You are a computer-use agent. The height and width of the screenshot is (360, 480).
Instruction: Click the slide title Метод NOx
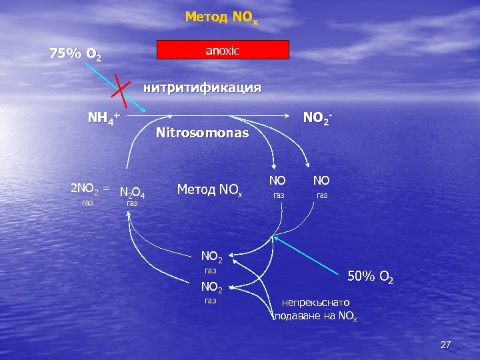click(221, 17)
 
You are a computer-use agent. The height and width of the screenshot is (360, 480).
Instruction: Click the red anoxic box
click(223, 50)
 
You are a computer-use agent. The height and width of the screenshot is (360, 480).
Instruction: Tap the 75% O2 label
click(76, 54)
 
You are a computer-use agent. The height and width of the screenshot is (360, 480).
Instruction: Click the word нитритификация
click(203, 87)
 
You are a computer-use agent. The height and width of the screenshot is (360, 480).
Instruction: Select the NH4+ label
click(104, 119)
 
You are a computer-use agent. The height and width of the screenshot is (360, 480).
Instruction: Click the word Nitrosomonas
click(202, 133)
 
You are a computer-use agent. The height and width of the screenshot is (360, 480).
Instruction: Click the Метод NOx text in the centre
click(209, 189)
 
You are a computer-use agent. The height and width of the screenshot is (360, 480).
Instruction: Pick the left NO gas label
click(277, 180)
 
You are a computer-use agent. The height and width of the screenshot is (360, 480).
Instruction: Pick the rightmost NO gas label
click(322, 180)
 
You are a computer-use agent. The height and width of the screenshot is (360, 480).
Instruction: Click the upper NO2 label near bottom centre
click(212, 255)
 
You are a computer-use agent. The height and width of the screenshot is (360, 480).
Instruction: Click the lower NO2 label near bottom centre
click(212, 287)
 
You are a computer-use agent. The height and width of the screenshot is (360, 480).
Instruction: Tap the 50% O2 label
click(371, 276)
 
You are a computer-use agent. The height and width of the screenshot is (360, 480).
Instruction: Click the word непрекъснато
click(319, 303)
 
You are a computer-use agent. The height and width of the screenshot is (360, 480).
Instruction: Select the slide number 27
click(446, 345)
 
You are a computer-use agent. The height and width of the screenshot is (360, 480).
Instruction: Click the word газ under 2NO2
click(87, 202)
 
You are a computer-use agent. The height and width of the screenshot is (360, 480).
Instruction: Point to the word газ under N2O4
click(132, 203)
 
